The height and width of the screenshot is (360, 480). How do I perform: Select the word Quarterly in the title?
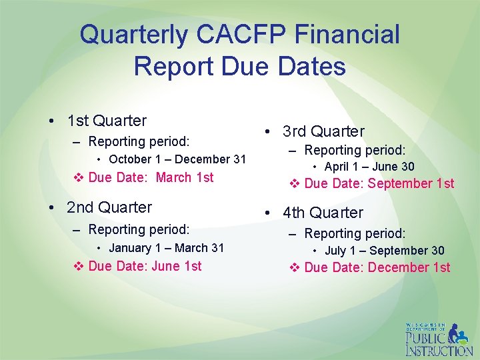133,35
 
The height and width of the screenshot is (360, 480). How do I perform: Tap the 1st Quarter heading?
107,121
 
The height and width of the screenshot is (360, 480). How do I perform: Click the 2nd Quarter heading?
109,207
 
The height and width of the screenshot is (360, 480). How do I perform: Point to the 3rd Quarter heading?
323,131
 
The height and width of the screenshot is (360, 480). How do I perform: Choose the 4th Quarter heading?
323,213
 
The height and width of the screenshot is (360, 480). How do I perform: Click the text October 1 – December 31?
177,159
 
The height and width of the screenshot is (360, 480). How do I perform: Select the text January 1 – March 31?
167,248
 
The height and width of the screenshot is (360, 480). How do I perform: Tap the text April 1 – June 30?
369,167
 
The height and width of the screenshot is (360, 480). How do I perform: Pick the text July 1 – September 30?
384,251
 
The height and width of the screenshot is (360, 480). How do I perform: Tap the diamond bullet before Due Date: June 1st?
78,267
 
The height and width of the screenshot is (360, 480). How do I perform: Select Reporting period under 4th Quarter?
355,234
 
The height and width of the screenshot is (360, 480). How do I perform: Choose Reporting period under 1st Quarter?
139,141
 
